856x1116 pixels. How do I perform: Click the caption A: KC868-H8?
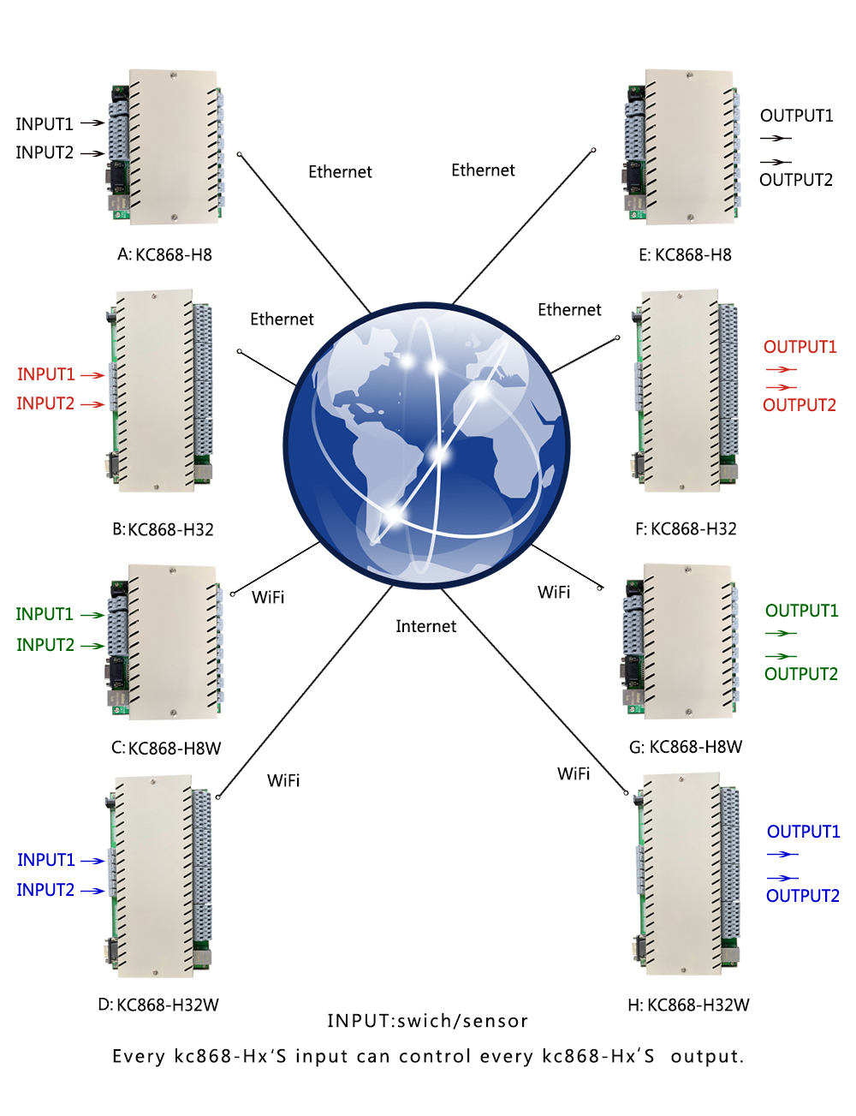[164, 254]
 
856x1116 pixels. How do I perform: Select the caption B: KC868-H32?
[163, 529]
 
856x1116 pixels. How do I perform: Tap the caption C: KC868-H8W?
[166, 749]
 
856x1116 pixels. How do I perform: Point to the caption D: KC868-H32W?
[158, 1005]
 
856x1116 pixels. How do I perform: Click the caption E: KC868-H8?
[685, 254]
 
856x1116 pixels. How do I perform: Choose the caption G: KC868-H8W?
[686, 747]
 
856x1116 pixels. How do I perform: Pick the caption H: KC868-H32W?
[688, 1005]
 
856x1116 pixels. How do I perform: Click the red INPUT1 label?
[46, 374]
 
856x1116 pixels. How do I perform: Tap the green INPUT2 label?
[45, 645]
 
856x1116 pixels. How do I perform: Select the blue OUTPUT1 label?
[803, 832]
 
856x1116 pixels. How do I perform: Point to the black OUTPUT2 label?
[795, 180]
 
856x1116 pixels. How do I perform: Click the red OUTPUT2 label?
[799, 405]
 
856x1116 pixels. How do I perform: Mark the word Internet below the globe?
[425, 626]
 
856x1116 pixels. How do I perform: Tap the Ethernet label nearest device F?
[569, 310]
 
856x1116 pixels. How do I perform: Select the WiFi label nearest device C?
[268, 597]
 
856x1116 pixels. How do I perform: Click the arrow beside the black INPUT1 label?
[92, 123]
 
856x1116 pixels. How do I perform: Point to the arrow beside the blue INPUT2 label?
[92, 891]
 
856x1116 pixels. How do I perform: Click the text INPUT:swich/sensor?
[427, 1021]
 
